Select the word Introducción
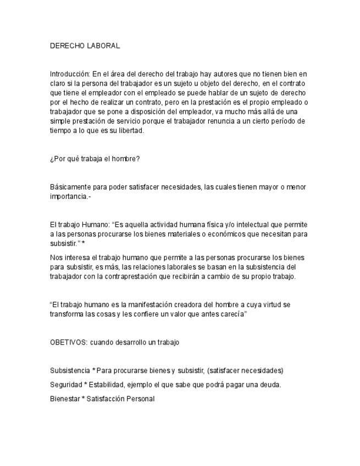(70, 73)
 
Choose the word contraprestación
(157, 276)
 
